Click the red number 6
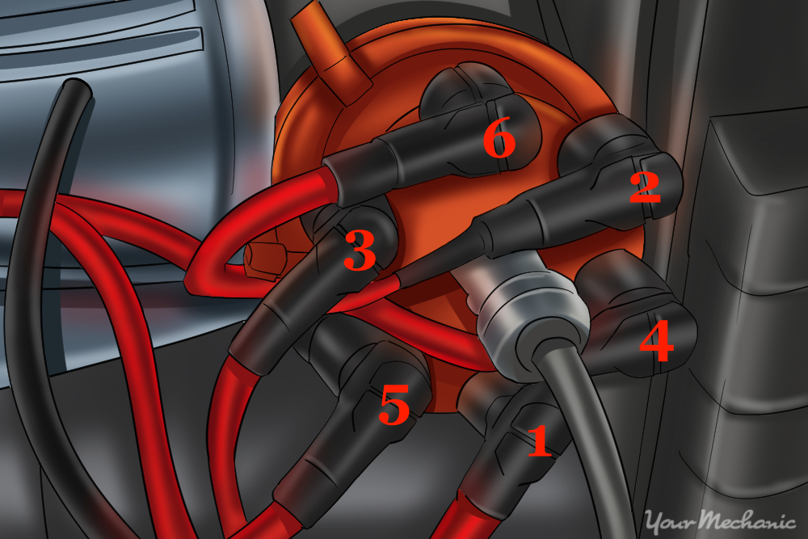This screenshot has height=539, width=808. pos(499,141)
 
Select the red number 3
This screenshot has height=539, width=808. pos(360,252)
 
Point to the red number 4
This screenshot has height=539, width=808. pos(655,343)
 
